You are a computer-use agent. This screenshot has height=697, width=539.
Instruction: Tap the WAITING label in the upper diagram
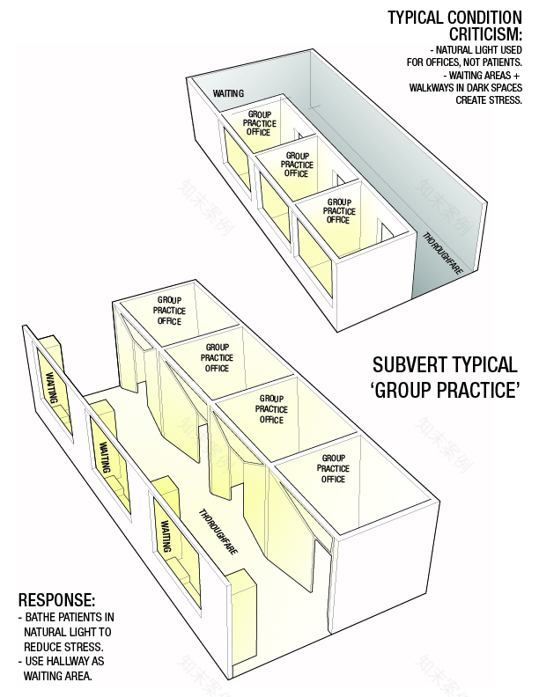[229, 93]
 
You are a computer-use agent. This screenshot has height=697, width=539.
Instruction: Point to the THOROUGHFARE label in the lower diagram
[218, 532]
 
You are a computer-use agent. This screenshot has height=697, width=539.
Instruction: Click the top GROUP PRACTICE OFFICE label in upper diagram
[259, 124]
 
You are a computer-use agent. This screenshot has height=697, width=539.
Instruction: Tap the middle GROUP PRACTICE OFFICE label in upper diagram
[299, 165]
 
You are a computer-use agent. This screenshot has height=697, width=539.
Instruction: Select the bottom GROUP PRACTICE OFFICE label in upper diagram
[339, 211]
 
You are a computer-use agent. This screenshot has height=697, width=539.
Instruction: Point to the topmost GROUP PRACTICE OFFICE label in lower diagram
[169, 311]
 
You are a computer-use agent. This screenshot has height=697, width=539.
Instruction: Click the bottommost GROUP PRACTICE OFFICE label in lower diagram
[334, 468]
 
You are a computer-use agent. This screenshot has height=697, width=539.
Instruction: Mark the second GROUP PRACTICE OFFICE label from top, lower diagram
[217, 358]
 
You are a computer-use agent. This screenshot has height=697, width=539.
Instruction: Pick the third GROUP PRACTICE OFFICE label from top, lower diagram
[271, 409]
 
